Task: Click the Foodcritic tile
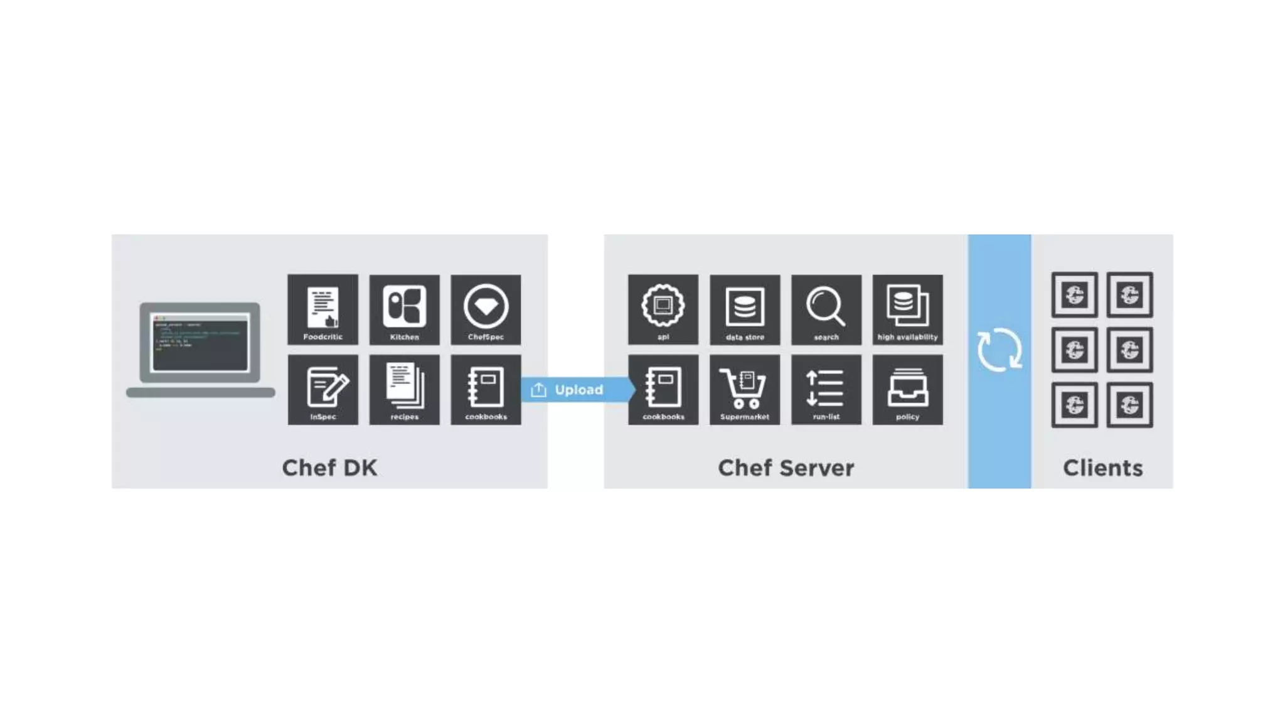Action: click(x=323, y=309)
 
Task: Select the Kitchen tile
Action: click(x=404, y=309)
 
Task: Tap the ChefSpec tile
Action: click(x=486, y=309)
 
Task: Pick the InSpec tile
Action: click(x=323, y=389)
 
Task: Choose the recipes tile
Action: click(x=404, y=389)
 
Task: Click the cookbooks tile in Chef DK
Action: click(x=486, y=389)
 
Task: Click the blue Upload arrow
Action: click(x=575, y=390)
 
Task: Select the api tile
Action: click(x=663, y=309)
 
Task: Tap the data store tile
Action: click(x=745, y=309)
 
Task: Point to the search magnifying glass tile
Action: click(x=826, y=309)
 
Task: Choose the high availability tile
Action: click(x=907, y=309)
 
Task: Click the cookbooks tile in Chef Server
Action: click(x=663, y=389)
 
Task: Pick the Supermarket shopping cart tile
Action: click(x=745, y=389)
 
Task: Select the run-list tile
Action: click(x=826, y=389)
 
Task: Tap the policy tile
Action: click(x=907, y=389)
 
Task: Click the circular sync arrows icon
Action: click(x=999, y=350)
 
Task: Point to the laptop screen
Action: click(x=200, y=342)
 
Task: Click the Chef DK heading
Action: click(x=329, y=468)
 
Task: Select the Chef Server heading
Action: click(x=786, y=468)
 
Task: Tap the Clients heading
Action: click(x=1102, y=468)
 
